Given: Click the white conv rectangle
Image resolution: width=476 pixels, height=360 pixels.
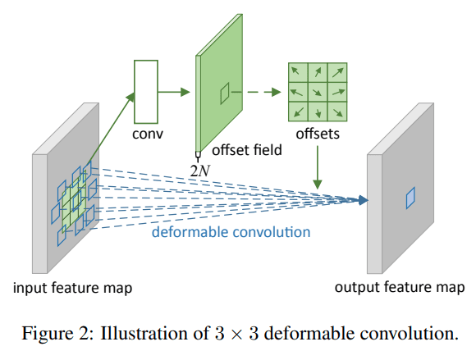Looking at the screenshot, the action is [146, 92].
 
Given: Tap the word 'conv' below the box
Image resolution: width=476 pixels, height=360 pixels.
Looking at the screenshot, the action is [148, 134].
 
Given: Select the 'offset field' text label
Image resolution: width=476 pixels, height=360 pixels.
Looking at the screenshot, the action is [247, 150].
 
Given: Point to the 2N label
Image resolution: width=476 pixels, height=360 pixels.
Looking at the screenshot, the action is [200, 171].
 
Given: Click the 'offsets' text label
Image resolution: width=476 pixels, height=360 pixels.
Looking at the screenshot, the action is [318, 134].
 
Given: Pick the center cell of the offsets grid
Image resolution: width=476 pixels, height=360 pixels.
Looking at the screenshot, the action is [318, 92].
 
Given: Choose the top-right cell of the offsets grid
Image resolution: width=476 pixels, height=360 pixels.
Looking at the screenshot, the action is [337, 72].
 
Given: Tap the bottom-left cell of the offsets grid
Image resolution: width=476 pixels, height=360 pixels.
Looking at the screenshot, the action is [298, 112].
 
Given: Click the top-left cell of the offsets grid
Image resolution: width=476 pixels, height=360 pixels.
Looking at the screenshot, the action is [298, 72].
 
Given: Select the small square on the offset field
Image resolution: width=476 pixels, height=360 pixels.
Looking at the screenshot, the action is [225, 93].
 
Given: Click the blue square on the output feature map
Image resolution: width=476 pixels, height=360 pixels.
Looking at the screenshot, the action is [410, 198].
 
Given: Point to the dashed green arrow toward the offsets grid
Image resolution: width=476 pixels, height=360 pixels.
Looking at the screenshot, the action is [264, 92].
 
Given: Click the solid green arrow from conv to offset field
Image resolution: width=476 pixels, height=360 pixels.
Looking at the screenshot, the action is [174, 92].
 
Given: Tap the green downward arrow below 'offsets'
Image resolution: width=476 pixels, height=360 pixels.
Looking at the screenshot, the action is [318, 167].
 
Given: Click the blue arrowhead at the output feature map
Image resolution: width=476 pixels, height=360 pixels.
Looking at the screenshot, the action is [363, 200].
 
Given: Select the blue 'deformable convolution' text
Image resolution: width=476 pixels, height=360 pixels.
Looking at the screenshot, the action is [231, 232].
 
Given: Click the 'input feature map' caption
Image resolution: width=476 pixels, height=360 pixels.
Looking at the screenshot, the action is [72, 288].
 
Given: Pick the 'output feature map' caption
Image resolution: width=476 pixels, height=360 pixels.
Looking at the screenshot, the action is [400, 287].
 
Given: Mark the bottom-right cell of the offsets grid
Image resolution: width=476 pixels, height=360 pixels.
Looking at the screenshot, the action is [337, 112].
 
